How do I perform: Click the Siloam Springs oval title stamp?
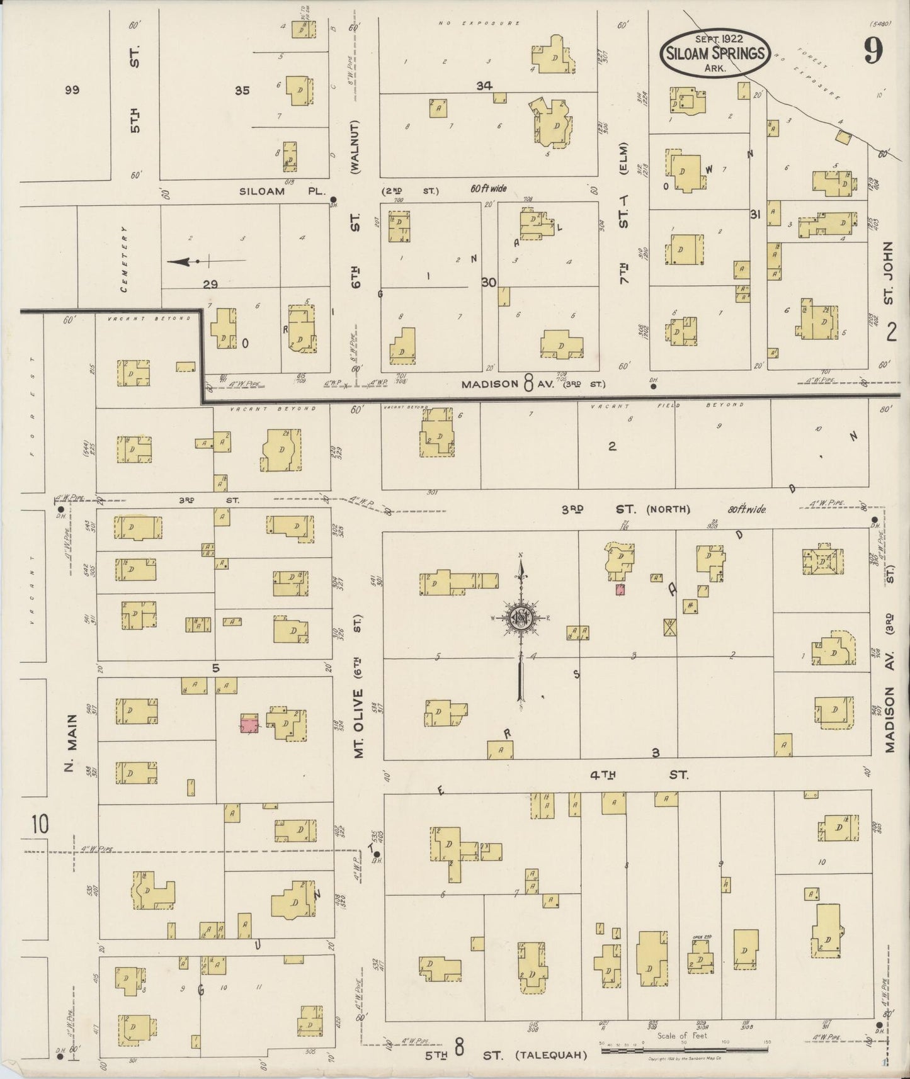point(714,54)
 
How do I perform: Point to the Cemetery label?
point(125,258)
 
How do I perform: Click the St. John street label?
point(888,273)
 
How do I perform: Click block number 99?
point(72,90)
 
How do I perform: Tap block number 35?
point(242,91)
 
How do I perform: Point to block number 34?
point(484,86)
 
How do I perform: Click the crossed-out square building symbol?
point(670,627)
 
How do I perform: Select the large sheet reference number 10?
point(39,824)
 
